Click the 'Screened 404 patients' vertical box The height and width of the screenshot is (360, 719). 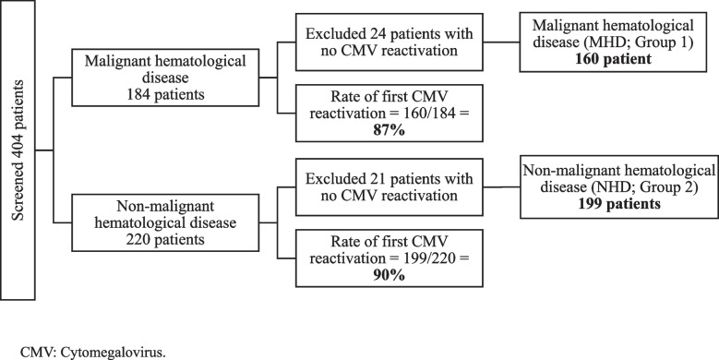tap(18, 150)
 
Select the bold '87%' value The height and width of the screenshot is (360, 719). tap(389, 130)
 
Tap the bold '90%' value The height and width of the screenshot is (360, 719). tap(389, 275)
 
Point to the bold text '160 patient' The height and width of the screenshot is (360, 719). tap(612, 60)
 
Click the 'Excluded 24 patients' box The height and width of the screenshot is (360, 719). tap(389, 42)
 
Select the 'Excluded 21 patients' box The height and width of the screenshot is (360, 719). tap(389, 187)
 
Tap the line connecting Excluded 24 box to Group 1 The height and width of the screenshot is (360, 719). tap(501, 42)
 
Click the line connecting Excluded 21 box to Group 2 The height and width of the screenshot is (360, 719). tap(502, 187)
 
